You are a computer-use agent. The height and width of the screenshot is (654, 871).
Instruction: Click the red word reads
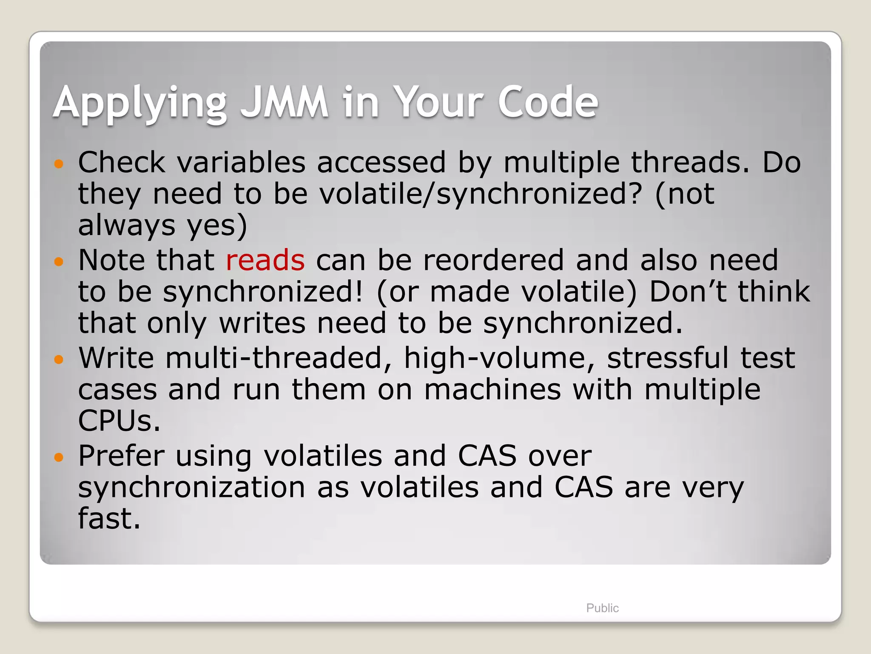pos(265,260)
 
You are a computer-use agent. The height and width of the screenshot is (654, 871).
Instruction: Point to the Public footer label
pos(602,608)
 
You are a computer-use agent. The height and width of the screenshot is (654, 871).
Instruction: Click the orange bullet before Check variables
pos(59,163)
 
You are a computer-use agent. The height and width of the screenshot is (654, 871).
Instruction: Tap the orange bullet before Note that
pos(59,261)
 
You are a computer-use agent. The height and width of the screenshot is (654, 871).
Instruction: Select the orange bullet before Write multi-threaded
pos(59,359)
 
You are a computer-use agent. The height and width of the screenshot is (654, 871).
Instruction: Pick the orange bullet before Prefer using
pos(59,457)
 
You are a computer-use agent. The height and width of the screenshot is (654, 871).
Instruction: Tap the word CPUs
pos(119,421)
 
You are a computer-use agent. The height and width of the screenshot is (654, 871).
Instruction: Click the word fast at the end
pos(109,519)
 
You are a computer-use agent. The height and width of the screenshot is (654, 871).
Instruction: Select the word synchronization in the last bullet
pos(191,488)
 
